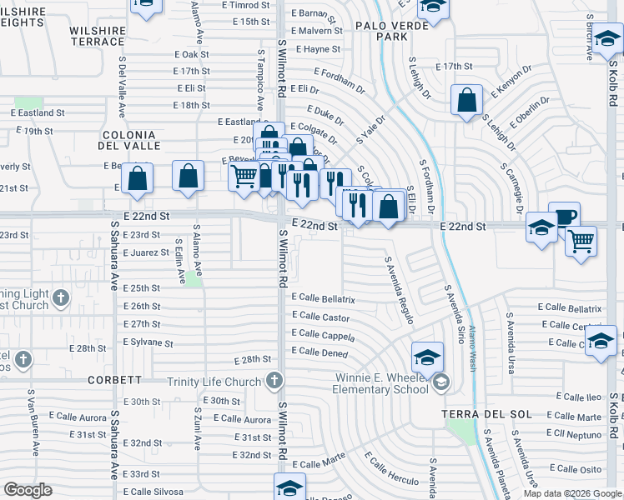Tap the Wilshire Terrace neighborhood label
[98, 35]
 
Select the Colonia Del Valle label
[128, 140]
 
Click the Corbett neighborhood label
[115, 379]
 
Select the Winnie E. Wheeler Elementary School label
[380, 382]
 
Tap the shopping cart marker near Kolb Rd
[581, 242]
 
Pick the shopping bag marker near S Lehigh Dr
[466, 100]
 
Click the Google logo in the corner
[28, 490]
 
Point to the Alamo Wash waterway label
[473, 336]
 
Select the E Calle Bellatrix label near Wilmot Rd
[324, 298]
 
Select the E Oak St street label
[192, 54]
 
